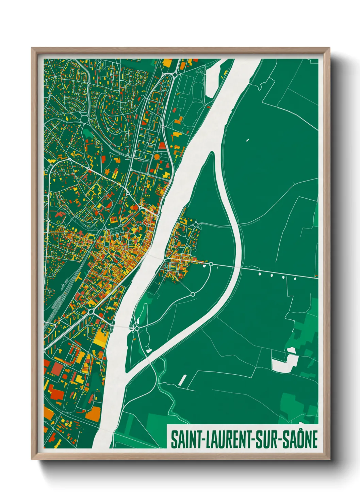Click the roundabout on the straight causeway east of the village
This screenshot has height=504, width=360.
pyautogui.click(x=211, y=264)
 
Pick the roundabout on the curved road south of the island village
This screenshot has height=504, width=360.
pyautogui.click(x=193, y=294)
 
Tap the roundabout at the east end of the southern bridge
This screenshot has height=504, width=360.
pyautogui.click(x=136, y=328)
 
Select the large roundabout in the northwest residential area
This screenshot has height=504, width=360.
pyautogui.click(x=84, y=119)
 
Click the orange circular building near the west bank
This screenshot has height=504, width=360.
pyautogui.click(x=157, y=156)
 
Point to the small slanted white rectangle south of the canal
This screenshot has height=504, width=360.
pyautogui.click(x=182, y=380)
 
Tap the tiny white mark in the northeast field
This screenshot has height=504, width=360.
pyautogui.click(x=248, y=140)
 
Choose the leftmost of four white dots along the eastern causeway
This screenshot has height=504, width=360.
pyautogui.click(x=260, y=273)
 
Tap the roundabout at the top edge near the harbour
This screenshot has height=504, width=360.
pyautogui.click(x=175, y=74)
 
